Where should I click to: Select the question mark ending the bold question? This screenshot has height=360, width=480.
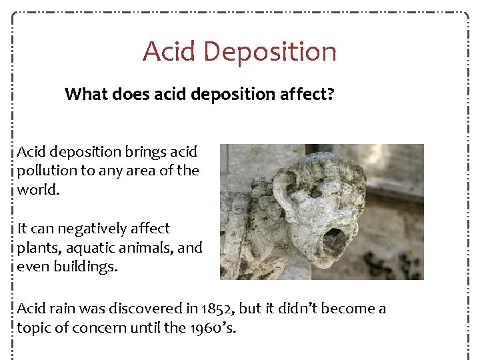click(x=329, y=95)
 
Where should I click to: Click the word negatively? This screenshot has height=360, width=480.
click(x=97, y=229)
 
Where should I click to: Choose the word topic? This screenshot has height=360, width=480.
click(x=33, y=328)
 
